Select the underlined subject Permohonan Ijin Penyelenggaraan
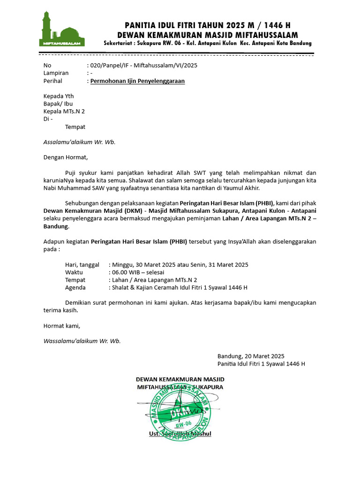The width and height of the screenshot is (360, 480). [137, 81]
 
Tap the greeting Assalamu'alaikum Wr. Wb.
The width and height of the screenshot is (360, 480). [79, 142]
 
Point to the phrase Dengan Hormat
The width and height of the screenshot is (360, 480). [65, 157]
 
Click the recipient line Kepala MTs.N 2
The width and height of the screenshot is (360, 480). [64, 111]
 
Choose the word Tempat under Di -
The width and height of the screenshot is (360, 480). [75, 127]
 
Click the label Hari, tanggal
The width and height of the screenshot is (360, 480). [82, 264]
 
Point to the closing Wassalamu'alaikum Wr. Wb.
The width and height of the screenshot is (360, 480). [82, 341]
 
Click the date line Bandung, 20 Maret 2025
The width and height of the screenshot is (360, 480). [251, 356]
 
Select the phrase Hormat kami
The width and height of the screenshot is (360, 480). [62, 325]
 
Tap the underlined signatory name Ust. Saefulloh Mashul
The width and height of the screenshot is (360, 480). [180, 434]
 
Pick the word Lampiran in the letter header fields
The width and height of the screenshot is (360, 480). [56, 73]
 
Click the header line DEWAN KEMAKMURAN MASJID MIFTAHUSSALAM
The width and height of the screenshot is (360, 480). [207, 35]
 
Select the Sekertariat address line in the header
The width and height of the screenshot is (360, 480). [208, 44]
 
